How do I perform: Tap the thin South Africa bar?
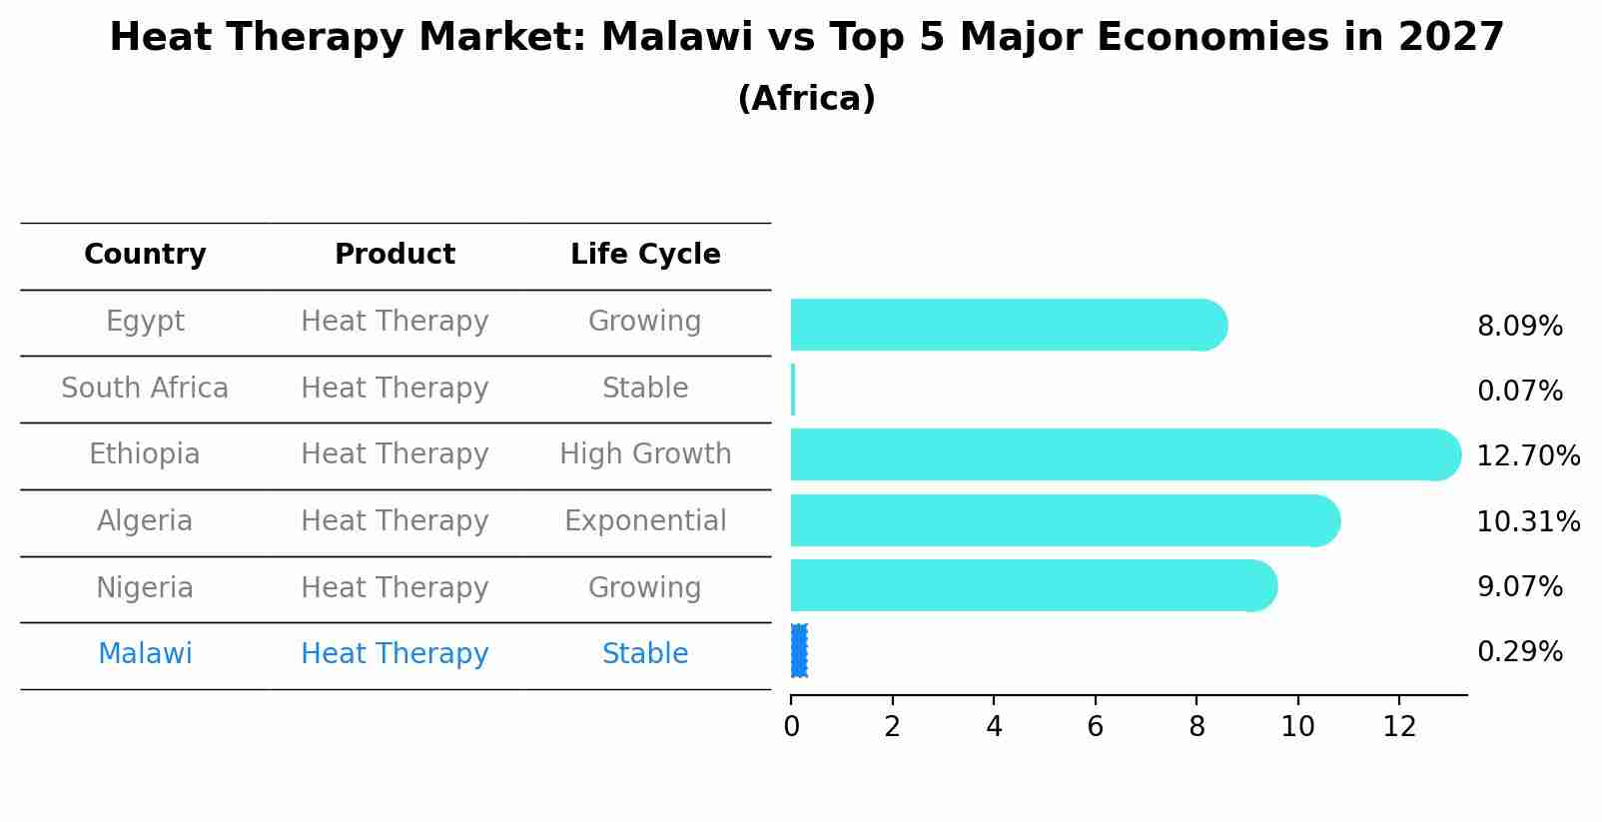(x=793, y=390)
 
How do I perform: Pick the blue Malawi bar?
(x=799, y=651)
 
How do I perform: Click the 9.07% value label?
(x=1519, y=586)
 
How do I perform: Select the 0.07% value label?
(x=1519, y=391)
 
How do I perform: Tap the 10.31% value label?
(x=1528, y=521)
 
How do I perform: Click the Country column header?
(x=145, y=255)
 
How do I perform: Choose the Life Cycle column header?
(x=645, y=255)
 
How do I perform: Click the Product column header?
(x=395, y=255)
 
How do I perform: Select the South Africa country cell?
(x=145, y=388)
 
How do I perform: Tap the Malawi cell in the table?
(x=145, y=654)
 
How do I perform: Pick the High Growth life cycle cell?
(x=645, y=454)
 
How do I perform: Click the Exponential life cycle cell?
(x=645, y=521)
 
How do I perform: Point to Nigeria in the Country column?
(x=145, y=587)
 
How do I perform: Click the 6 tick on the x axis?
(x=1095, y=727)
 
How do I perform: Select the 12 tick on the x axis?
(x=1399, y=727)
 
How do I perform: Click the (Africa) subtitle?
(x=806, y=99)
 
